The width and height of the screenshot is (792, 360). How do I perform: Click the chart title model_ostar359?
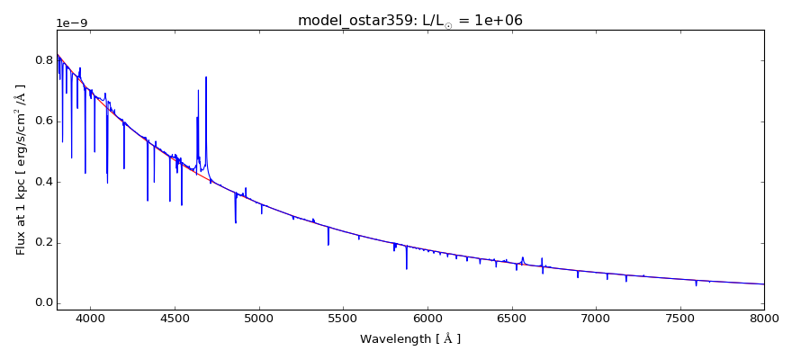409,20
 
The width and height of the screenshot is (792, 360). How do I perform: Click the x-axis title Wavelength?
409,339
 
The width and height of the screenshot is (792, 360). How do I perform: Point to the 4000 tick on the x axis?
91,318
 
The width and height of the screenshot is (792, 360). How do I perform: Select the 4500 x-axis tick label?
175,318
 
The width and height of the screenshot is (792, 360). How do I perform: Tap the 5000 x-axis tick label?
259,318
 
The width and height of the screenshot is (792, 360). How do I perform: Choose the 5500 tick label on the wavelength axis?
343,318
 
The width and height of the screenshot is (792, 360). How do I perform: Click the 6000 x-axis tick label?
427,318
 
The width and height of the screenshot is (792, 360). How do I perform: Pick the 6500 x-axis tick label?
511,318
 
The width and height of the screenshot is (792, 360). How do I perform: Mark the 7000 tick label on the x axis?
596,318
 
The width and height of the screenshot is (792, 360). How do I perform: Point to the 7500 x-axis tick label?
679,318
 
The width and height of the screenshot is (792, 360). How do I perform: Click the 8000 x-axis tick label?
763,318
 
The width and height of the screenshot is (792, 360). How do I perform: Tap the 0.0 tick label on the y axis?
41,303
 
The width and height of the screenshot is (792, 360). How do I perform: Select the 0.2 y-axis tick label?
41,243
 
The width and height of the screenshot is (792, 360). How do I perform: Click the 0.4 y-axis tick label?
41,182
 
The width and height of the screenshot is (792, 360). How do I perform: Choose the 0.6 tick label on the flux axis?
41,121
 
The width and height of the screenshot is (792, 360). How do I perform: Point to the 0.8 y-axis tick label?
41,61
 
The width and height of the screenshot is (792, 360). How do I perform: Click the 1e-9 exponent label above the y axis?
72,23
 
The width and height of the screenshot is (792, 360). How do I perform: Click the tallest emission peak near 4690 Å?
206,78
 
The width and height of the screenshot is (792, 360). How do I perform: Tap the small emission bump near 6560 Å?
522,258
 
